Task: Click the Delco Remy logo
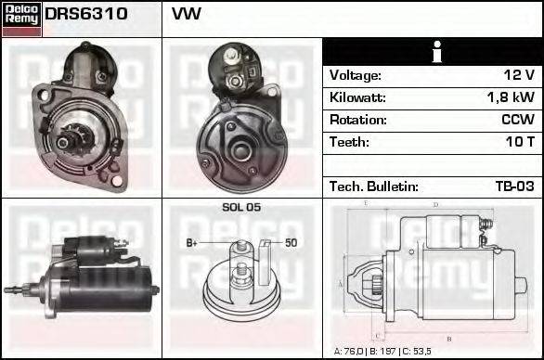tap(21, 19)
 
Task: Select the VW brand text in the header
tap(186, 15)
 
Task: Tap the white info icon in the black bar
tap(434, 53)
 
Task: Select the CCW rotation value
tap(516, 120)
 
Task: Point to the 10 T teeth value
tap(517, 142)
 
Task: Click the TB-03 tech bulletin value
tap(513, 186)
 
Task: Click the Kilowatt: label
tap(357, 97)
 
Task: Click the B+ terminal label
tap(192, 243)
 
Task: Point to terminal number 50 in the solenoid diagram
tap(290, 243)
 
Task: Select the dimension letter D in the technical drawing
tap(435, 204)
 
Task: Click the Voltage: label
tap(355, 75)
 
